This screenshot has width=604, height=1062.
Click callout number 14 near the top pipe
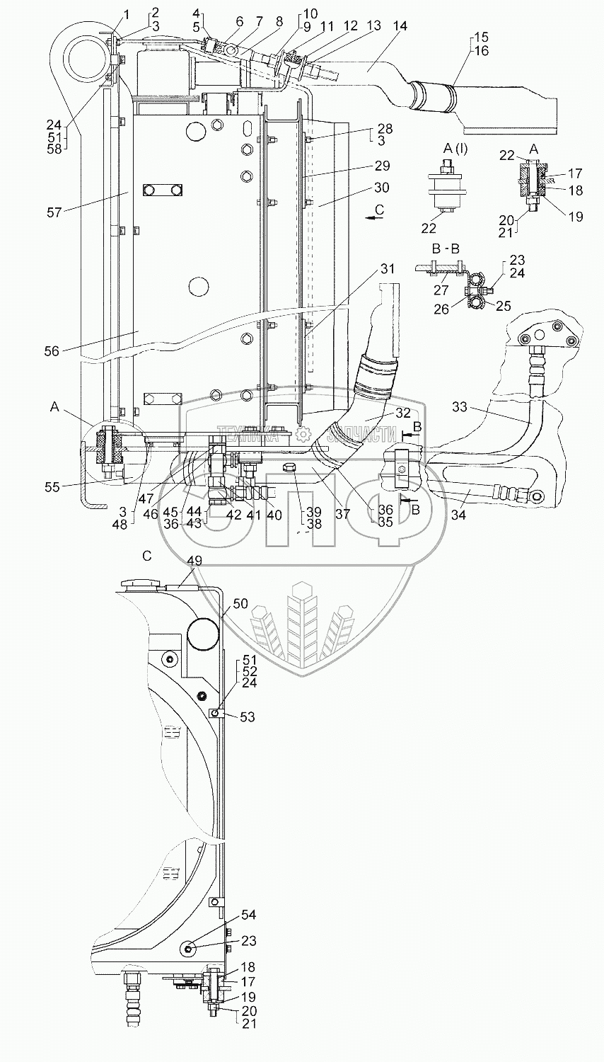400,26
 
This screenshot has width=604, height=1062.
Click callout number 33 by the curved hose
459,407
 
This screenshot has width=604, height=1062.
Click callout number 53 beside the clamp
248,717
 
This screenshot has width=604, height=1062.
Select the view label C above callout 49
146,556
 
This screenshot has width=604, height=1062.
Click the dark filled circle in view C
203,633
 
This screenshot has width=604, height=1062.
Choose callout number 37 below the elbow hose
343,515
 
